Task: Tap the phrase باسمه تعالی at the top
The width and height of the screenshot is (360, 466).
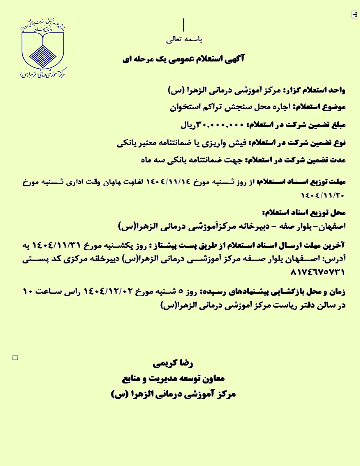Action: (x=184, y=40)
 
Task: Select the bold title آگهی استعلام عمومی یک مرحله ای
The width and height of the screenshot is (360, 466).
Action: (x=184, y=59)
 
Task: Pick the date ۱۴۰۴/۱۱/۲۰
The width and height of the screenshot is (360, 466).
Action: (x=323, y=195)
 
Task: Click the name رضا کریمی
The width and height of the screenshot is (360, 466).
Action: (x=173, y=363)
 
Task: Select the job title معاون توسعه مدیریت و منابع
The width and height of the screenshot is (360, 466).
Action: (x=173, y=379)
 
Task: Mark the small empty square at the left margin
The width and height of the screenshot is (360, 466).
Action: (x=15, y=358)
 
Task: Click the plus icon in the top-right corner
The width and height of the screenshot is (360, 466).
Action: (x=354, y=14)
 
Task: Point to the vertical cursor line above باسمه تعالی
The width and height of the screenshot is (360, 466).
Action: (x=184, y=25)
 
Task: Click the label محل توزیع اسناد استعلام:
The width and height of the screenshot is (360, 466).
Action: (x=304, y=213)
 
